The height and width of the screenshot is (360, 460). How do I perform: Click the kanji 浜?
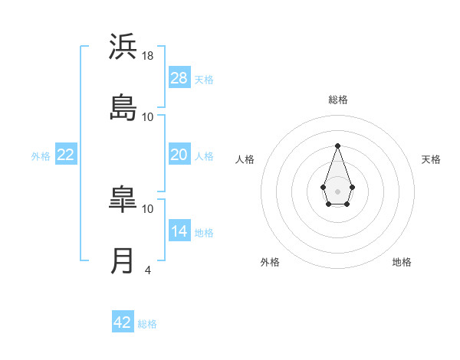[x=123, y=47]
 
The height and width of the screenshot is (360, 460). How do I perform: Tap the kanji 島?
[x=123, y=107]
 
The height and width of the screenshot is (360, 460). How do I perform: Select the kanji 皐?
[x=123, y=198]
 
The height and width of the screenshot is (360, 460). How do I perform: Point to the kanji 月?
[x=123, y=260]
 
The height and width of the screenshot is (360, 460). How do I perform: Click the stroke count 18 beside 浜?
[x=148, y=56]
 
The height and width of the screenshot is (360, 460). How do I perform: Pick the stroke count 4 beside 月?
[x=147, y=270]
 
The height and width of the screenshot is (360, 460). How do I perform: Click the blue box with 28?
[x=179, y=77]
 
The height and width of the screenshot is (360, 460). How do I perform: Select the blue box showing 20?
[x=179, y=155]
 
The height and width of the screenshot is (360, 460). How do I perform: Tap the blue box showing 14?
[x=179, y=231]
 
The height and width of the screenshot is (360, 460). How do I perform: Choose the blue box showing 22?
[x=66, y=155]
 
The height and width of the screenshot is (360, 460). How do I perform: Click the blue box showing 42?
[x=123, y=322]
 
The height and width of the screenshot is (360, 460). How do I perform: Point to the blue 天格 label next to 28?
[x=204, y=79]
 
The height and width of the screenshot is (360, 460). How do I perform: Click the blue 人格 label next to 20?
[x=204, y=156]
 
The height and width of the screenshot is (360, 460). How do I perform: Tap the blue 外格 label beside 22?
[x=41, y=156]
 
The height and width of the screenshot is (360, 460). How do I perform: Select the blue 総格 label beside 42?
[x=147, y=324]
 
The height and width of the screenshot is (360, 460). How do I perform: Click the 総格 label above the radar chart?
[x=337, y=100]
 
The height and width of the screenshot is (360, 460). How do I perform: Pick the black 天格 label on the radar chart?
[x=431, y=159]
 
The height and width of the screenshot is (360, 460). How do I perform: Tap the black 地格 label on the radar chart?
[x=402, y=262]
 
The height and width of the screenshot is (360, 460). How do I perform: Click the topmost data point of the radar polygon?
[x=337, y=146]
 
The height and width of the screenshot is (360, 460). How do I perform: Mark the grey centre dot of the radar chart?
[x=337, y=190]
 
